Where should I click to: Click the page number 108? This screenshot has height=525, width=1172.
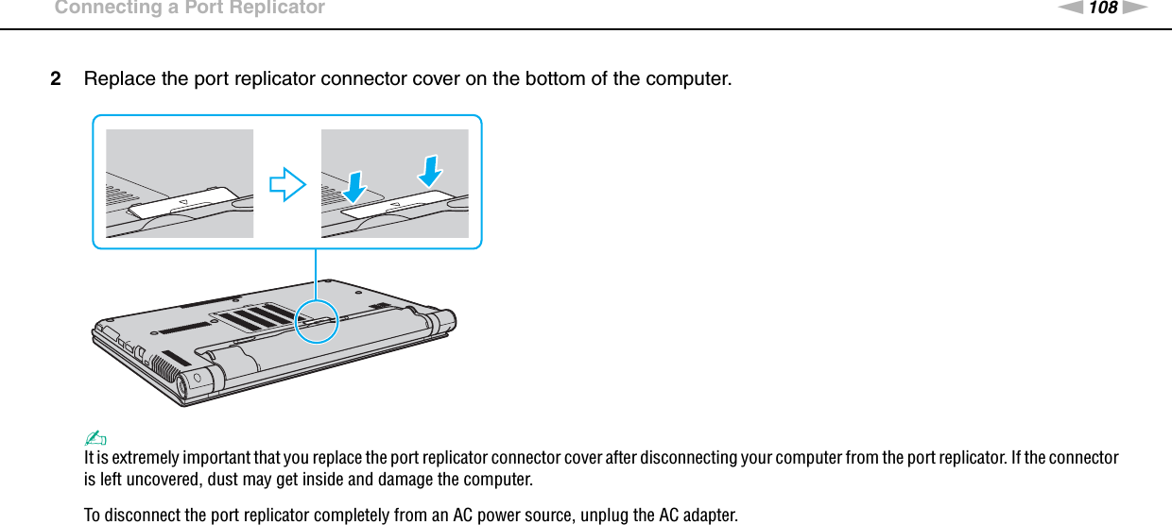tap(1102, 8)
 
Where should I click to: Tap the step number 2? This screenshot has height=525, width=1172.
tap(58, 77)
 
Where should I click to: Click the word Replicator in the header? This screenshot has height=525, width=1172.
tap(273, 8)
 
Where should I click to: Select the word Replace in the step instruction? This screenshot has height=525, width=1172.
tap(119, 77)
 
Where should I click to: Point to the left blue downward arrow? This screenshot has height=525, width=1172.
tap(354, 185)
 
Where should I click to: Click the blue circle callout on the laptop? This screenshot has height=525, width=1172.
tap(317, 321)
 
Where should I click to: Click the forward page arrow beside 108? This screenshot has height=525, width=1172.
tap(1136, 8)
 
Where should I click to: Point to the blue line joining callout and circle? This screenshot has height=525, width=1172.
tap(316, 274)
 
